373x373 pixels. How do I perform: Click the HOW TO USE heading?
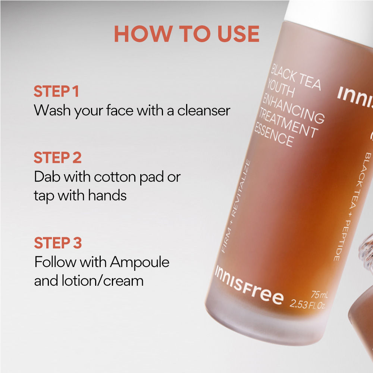tap(187, 34)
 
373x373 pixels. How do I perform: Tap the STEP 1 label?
tap(56, 91)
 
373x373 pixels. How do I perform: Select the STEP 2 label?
tap(57, 157)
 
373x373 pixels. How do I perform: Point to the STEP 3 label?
tap(58, 243)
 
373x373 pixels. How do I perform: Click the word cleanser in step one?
tap(204, 111)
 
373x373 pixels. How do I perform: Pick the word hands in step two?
tap(107, 195)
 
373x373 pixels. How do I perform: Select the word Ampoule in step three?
tap(140, 263)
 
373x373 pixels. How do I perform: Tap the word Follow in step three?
tap(56, 262)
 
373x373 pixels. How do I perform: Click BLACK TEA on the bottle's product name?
tap(296, 77)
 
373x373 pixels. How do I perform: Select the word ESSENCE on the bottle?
tap(274, 134)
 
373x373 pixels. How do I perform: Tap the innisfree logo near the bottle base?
tap(249, 286)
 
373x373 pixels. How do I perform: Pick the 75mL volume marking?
tap(319, 295)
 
